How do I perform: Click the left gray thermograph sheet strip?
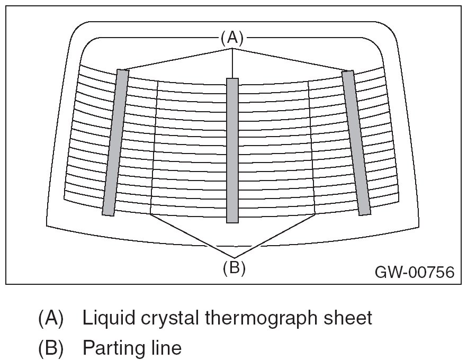[x=115, y=142]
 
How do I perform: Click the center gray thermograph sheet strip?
[x=232, y=150]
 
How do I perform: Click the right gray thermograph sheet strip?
[x=356, y=142]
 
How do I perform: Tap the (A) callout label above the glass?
[x=232, y=38]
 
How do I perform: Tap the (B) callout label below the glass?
[x=233, y=268]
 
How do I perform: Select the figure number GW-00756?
[x=415, y=272]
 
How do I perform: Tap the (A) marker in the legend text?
[x=51, y=318]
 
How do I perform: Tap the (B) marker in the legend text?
[x=51, y=348]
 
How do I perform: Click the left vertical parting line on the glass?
[x=155, y=148]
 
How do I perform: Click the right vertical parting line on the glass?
[x=311, y=148]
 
